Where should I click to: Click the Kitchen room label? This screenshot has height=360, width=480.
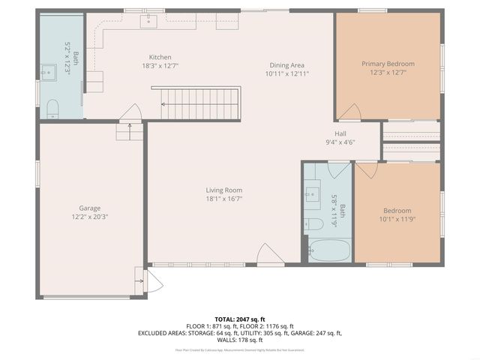(x=160, y=57)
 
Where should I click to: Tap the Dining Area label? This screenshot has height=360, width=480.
(x=286, y=65)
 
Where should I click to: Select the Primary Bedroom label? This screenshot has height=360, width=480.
(x=388, y=64)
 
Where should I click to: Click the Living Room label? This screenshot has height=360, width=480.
(x=224, y=190)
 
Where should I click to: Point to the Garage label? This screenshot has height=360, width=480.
(x=90, y=208)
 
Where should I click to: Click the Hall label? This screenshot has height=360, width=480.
(x=340, y=133)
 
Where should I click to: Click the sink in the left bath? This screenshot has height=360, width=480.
(x=49, y=73)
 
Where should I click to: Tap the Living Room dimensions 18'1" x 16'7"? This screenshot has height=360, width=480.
(x=224, y=199)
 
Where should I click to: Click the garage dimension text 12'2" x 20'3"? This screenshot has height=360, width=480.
(x=90, y=217)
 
